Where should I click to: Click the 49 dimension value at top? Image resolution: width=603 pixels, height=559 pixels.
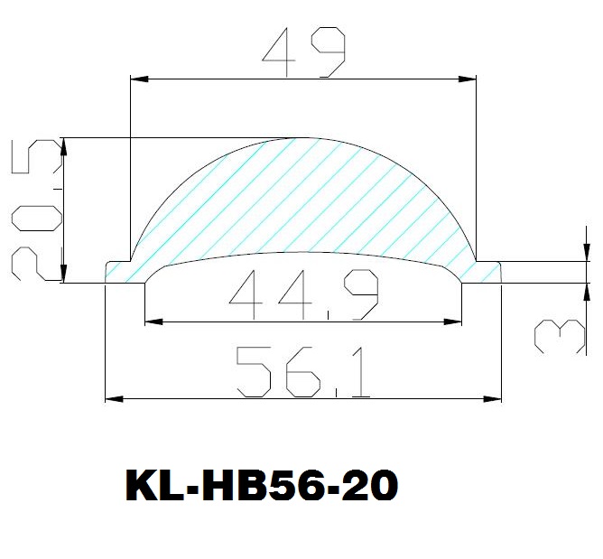pos(304,52)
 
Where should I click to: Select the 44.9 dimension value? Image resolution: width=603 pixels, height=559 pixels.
pos(304,294)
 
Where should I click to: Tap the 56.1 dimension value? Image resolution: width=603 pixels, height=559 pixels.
pos(303,372)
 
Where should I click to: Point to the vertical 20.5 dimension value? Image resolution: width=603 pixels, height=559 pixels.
pos(36,210)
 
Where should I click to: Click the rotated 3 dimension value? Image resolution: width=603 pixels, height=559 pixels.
pos(560,336)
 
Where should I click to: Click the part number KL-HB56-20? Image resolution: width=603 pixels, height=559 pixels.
pos(262,486)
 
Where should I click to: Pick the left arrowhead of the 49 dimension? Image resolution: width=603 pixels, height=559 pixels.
pos(140,79)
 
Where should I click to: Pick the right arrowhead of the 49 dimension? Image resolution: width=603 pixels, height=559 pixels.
pos(468,79)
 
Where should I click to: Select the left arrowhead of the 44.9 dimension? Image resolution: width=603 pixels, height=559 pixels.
pos(153,321)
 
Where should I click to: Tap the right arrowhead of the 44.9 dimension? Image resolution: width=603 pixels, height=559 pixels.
pos(452,321)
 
